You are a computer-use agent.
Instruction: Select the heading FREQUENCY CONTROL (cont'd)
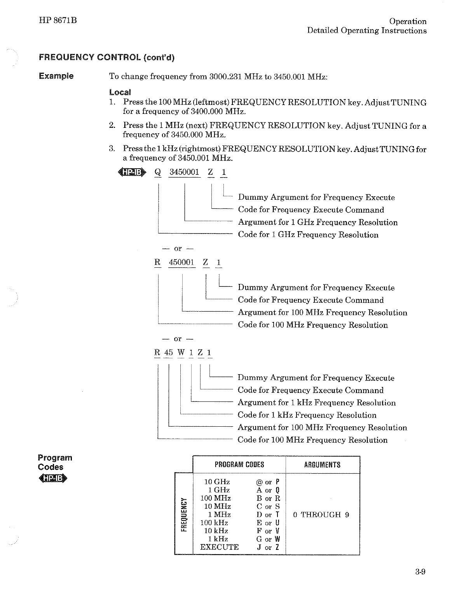106,58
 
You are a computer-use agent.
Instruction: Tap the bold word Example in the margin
56,76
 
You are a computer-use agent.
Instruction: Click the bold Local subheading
120,92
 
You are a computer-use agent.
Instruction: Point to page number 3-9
420,572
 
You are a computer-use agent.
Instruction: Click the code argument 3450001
185,172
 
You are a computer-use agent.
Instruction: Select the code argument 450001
181,262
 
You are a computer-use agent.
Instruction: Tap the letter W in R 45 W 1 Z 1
181,352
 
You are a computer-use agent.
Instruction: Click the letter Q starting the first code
157,172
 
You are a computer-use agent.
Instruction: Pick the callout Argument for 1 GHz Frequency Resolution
318,222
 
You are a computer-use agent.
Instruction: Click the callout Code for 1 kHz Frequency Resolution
307,415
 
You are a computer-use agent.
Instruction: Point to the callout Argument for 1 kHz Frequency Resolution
317,403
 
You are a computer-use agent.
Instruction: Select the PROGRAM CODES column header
239,465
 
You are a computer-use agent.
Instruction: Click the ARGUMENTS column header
322,465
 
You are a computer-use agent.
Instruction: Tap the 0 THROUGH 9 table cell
321,515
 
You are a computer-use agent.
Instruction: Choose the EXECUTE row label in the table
220,547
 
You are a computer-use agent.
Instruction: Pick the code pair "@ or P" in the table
268,482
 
